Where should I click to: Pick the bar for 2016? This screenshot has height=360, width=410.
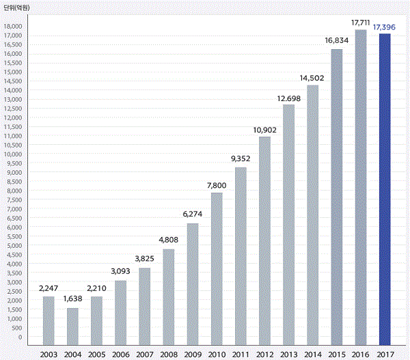361,187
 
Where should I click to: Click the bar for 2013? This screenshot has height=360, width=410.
288,225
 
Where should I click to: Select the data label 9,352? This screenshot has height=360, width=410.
241,159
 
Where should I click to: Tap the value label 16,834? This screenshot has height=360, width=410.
337,40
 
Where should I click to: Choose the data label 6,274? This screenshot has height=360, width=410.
193,215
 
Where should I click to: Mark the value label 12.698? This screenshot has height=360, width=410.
288,96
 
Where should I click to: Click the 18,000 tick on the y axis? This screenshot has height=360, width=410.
14,26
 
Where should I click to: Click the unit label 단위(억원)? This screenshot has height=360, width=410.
18,6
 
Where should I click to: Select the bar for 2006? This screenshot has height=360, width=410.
120,312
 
